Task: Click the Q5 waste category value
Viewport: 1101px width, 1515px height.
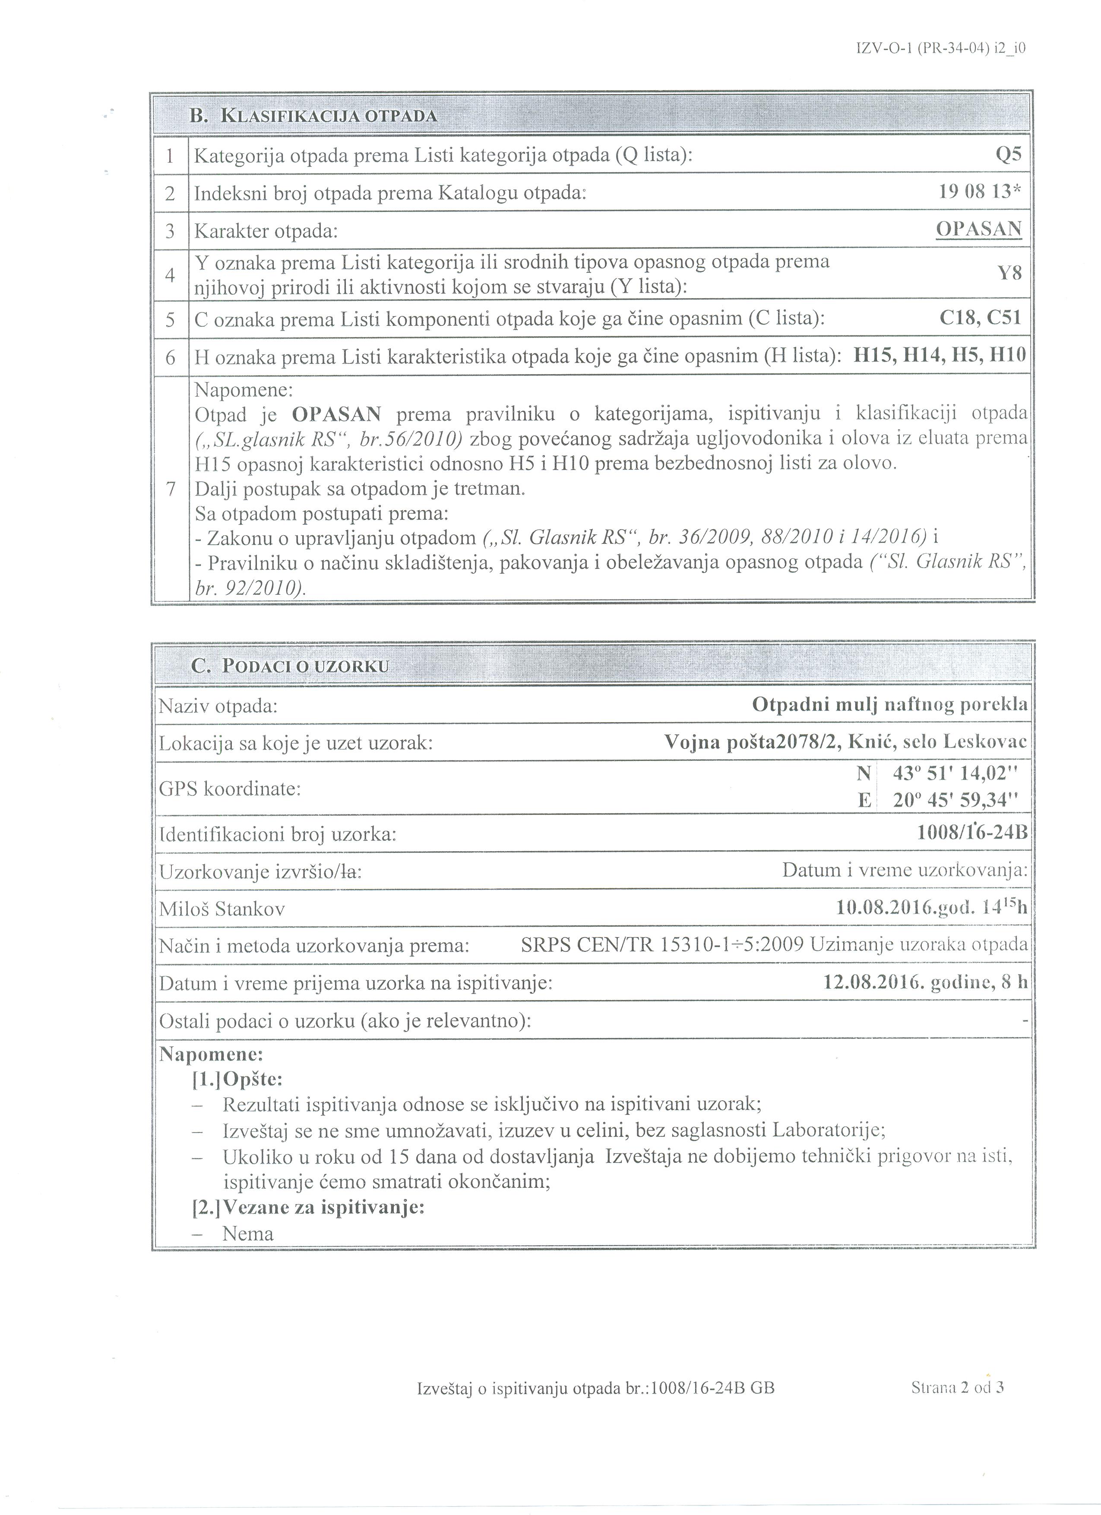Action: [x=1008, y=155]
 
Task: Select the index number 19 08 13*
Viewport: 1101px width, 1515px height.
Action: [x=980, y=193]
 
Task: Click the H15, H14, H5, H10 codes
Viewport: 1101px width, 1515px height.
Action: [x=940, y=356]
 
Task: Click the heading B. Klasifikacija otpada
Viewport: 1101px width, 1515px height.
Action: [x=313, y=116]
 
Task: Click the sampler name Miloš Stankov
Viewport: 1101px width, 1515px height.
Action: [x=222, y=909]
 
